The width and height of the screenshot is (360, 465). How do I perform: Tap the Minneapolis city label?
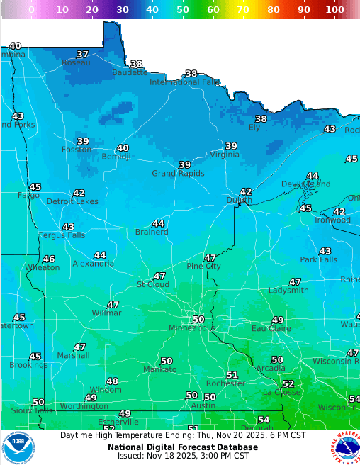coord(191,328)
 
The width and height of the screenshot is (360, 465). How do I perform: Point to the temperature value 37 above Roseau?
coord(83,55)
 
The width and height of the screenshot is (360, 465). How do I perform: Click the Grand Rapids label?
coord(178,174)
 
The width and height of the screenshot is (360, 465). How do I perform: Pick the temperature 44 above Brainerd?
coord(158,223)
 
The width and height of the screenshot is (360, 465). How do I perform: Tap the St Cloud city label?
coord(152,285)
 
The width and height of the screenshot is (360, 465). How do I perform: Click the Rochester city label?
coord(225,383)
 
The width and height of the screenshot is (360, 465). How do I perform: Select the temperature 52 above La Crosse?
coord(288,383)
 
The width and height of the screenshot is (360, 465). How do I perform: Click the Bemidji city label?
coord(116,157)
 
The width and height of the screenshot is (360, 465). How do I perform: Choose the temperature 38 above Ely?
coord(261,119)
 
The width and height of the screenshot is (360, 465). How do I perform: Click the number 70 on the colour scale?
coord(242,11)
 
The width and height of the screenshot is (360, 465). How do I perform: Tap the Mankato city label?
coord(160,370)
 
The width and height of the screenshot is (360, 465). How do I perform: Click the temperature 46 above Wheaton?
coord(49,259)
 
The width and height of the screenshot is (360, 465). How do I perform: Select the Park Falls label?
coord(318,260)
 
